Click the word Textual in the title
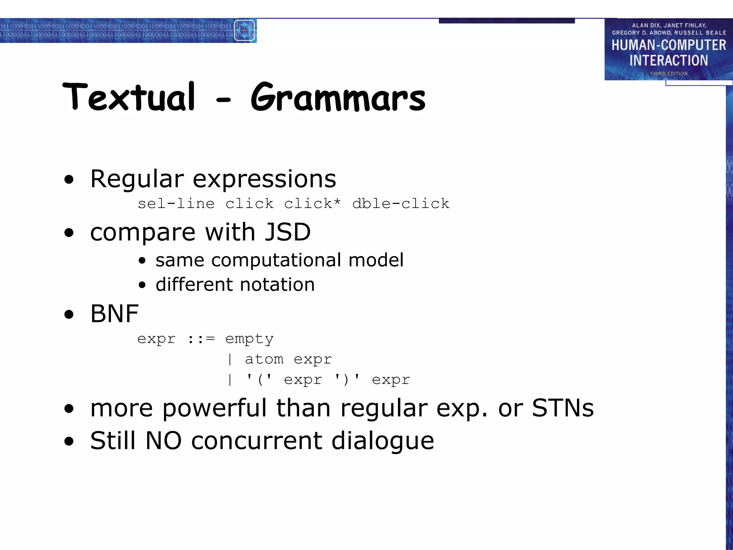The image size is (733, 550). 129,97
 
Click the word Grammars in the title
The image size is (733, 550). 338,97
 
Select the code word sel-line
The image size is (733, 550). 176,203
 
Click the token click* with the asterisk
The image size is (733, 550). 312,203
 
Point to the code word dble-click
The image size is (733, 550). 401,203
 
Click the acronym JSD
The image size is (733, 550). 287,232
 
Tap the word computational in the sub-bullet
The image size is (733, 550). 276,260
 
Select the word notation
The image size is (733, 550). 277,284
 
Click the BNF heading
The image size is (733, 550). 114,313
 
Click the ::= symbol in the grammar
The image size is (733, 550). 201,338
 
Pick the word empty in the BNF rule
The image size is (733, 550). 249,338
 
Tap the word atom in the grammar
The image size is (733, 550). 264,359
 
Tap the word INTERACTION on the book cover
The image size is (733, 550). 669,61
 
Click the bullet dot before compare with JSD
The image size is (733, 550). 69,233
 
